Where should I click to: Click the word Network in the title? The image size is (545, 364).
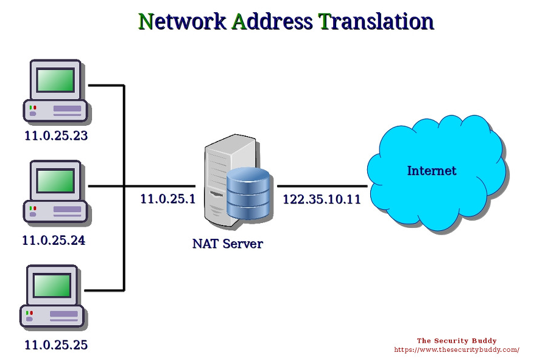(x=181, y=21)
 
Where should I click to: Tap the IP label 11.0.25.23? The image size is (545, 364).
(x=56, y=136)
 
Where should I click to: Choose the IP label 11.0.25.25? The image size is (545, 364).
(x=56, y=345)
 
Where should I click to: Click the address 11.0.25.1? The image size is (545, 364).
(x=167, y=199)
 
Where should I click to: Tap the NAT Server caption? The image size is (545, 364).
(x=227, y=244)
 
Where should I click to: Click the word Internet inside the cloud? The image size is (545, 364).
(x=431, y=171)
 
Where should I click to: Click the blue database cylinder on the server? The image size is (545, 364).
(x=248, y=193)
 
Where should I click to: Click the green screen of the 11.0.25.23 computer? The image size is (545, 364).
(x=55, y=80)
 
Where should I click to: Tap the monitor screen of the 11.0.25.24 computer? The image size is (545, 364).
(x=55, y=180)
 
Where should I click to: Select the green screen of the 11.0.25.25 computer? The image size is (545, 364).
(x=53, y=285)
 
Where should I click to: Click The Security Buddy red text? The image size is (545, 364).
(x=456, y=341)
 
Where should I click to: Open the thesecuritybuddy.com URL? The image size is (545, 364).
(x=456, y=350)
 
